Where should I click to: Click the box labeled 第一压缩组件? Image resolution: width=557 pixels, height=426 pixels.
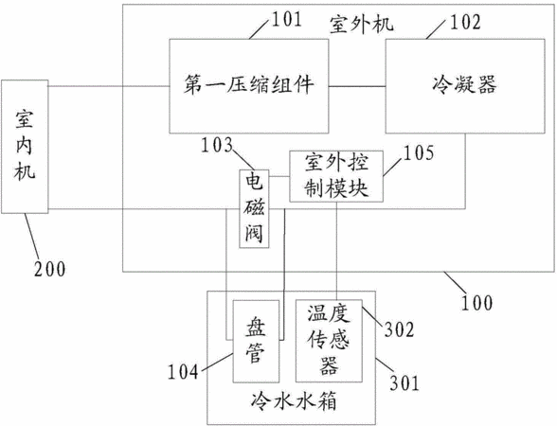(x=248, y=86)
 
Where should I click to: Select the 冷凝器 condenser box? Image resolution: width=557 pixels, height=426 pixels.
(x=465, y=86)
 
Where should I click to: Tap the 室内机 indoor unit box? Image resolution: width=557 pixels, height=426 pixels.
(x=25, y=147)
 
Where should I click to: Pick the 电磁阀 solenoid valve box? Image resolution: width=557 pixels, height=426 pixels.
(x=254, y=208)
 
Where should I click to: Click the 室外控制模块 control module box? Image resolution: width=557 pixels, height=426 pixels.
(x=336, y=176)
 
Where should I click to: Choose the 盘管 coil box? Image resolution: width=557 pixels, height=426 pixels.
(x=256, y=341)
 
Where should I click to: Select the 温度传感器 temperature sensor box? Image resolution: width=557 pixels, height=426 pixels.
(x=329, y=341)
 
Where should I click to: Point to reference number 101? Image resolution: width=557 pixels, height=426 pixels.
(x=287, y=20)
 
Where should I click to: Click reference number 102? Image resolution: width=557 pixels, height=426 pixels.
(x=466, y=22)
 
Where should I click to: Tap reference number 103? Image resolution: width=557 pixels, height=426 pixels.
(x=217, y=145)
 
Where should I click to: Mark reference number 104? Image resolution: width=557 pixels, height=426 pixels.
(x=183, y=372)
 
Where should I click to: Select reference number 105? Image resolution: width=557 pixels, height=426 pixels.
(x=419, y=153)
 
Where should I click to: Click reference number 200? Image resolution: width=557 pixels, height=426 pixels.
(x=49, y=269)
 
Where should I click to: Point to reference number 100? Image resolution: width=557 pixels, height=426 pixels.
(x=477, y=303)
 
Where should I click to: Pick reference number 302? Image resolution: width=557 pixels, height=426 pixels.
(x=400, y=329)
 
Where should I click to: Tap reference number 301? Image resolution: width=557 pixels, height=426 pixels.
(x=404, y=382)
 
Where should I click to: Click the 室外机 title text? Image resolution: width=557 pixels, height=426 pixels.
(x=362, y=25)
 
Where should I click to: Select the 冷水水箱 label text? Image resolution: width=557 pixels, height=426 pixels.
(x=294, y=402)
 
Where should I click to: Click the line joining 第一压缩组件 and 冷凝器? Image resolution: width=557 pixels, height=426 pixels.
(x=357, y=86)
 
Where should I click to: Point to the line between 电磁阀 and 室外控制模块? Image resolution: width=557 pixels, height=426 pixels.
(x=279, y=176)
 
